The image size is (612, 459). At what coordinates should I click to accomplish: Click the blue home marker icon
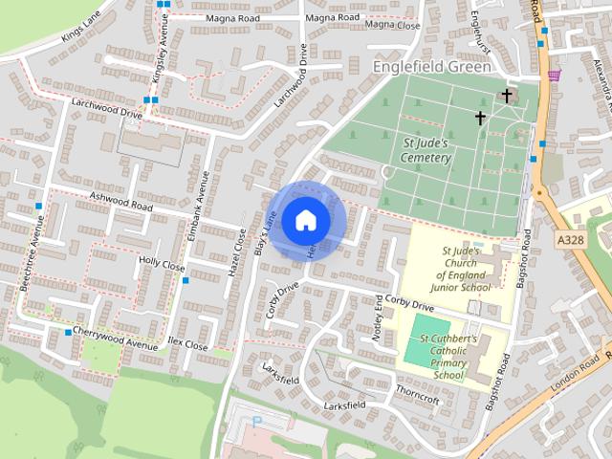[x=305, y=220]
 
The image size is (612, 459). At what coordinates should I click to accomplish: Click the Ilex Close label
[x=186, y=344]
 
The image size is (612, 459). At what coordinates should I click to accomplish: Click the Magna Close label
[x=392, y=24]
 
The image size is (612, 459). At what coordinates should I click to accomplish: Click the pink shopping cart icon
[x=554, y=75]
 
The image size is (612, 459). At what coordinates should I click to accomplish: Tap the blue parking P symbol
[x=256, y=422]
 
